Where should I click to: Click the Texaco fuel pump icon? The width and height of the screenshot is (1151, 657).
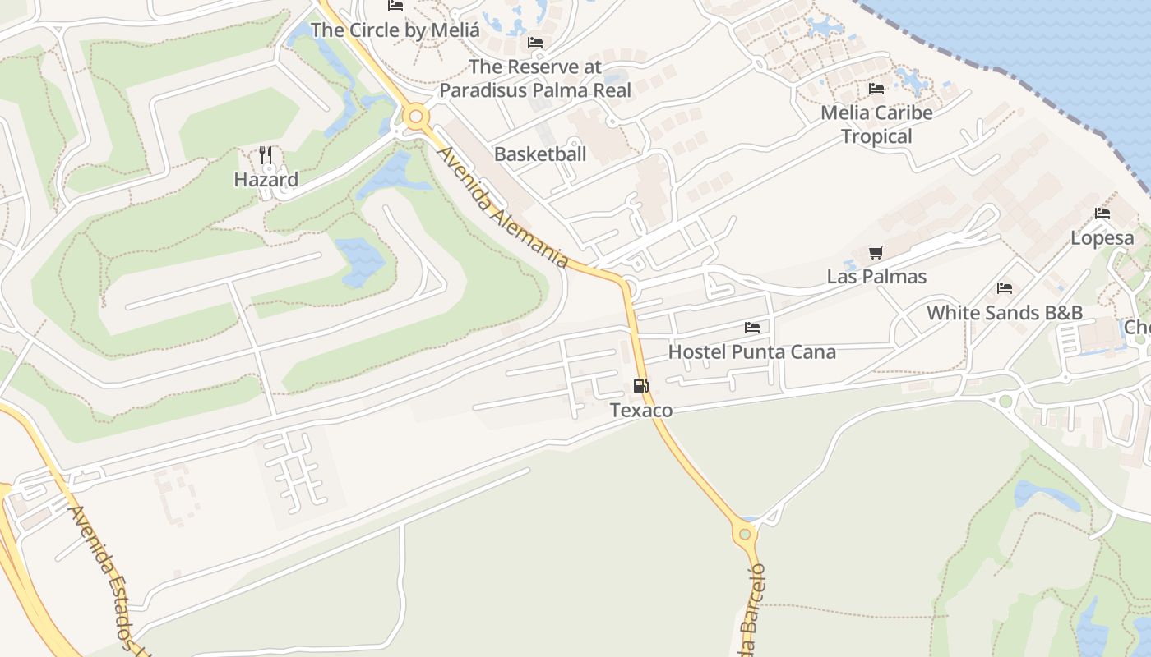(x=641, y=385)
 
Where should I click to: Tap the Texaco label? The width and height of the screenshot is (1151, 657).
(x=641, y=410)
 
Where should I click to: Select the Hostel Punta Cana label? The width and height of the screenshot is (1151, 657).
(x=751, y=352)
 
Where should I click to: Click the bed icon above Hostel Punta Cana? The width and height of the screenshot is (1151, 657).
(x=752, y=328)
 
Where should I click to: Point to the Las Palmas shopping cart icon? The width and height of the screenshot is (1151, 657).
(x=876, y=252)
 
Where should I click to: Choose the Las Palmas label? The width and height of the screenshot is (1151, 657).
(x=876, y=277)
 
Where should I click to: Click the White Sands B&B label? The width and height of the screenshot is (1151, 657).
(x=1004, y=313)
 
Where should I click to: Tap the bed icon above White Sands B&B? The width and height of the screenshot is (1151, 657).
(x=1004, y=288)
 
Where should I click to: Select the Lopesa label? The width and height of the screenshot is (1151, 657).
(x=1102, y=238)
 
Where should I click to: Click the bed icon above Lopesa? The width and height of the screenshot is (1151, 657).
(x=1102, y=214)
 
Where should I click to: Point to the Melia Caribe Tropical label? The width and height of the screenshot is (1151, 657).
(x=876, y=124)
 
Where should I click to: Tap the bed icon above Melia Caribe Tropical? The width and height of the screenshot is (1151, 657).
(x=876, y=89)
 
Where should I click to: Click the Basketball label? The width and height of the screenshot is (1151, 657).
(x=540, y=154)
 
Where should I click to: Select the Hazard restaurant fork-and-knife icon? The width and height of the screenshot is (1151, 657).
(x=266, y=154)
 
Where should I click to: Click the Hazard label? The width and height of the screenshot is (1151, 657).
(x=266, y=179)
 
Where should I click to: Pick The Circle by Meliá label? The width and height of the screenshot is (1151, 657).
(x=395, y=30)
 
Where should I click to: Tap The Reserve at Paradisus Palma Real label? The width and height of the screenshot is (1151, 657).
(x=535, y=78)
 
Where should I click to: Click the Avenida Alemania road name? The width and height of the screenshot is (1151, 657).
(x=502, y=208)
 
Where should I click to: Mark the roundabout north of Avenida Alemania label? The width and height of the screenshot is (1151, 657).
(x=416, y=117)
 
